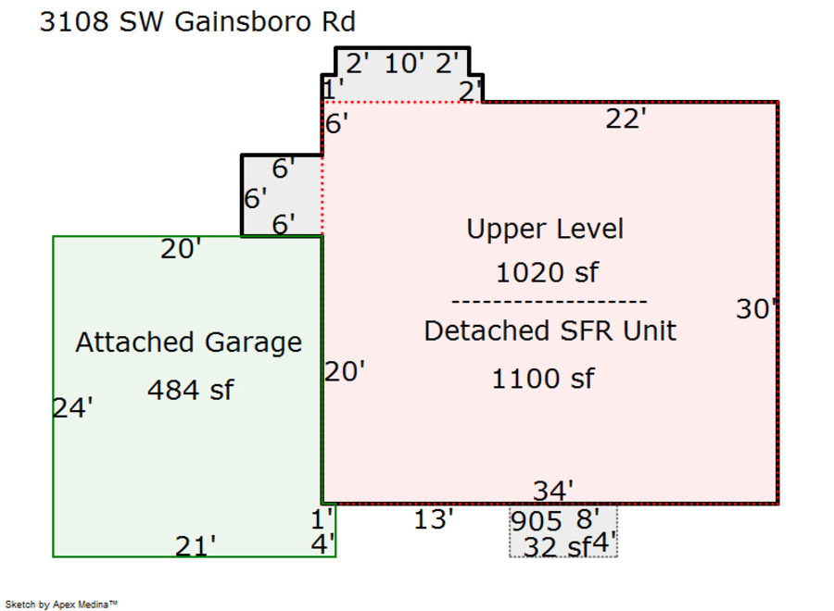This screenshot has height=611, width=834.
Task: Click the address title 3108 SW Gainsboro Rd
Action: click(196, 22)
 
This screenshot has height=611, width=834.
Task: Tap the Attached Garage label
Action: click(188, 343)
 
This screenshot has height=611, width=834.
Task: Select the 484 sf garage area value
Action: click(190, 390)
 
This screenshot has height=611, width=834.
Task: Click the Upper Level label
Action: click(545, 229)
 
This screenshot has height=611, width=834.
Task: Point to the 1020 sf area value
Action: click(547, 273)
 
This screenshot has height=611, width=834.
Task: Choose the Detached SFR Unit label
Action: click(550, 330)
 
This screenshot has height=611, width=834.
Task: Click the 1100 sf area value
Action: click(543, 379)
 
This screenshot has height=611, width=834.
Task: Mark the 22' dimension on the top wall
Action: click(626, 118)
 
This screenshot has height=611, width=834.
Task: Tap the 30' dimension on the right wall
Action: click(755, 309)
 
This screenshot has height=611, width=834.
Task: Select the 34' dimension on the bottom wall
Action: click(553, 490)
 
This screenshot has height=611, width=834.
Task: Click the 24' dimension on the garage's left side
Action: click(72, 407)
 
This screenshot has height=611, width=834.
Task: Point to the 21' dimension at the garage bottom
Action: click(196, 546)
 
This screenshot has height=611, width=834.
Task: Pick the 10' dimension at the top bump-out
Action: click(404, 64)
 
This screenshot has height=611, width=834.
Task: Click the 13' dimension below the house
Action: click(434, 519)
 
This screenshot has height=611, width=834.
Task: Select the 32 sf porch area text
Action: click(556, 547)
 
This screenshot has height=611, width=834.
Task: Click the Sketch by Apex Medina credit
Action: click(61, 604)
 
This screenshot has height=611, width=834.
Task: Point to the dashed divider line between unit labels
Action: click(549, 302)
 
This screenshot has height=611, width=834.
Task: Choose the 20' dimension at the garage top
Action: click(181, 249)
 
